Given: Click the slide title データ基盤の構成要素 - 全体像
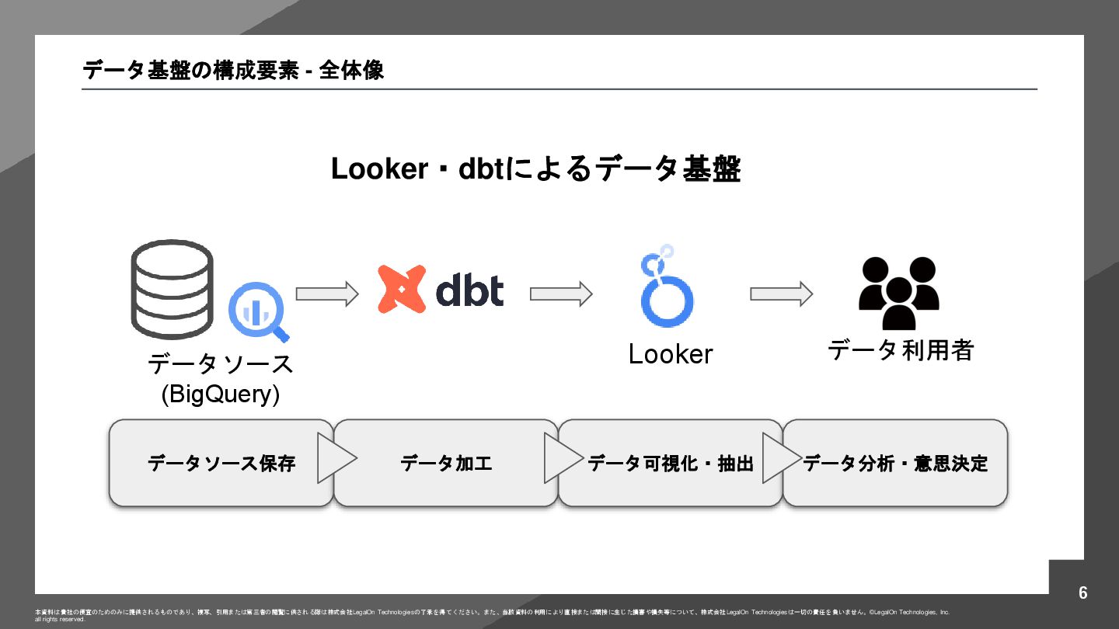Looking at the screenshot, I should click(233, 71).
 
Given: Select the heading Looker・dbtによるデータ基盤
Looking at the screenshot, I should click(535, 169).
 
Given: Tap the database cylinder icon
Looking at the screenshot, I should click(172, 289).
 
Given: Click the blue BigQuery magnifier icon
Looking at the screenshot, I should click(258, 313).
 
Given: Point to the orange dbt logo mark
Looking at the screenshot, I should click(402, 289).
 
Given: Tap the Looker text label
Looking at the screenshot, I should click(670, 354).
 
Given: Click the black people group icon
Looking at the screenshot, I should click(899, 292).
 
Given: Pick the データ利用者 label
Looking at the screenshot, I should click(900, 350).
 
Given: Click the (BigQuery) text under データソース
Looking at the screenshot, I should click(220, 394).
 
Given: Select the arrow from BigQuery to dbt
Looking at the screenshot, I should click(327, 294).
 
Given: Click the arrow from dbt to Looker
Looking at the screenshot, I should click(561, 294).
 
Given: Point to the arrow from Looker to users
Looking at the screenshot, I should click(781, 294).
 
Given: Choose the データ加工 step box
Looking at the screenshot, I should click(446, 464).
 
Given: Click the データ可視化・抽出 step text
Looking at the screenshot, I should click(670, 464).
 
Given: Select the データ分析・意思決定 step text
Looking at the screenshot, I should click(895, 464).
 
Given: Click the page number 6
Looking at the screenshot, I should click(1083, 593).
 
